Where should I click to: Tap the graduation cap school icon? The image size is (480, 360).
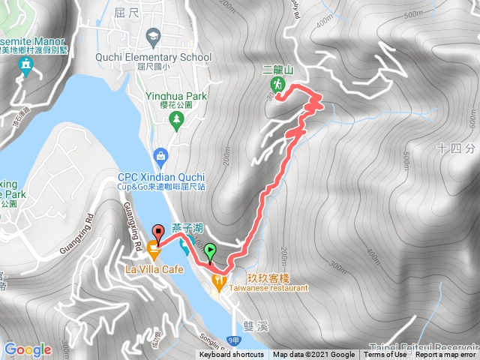click(153, 36)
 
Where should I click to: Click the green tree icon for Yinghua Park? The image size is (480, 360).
click(177, 120)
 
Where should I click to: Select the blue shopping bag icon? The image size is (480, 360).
click(159, 156)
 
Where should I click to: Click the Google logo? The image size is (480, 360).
click(28, 349)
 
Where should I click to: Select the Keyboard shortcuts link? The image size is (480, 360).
click(231, 355)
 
